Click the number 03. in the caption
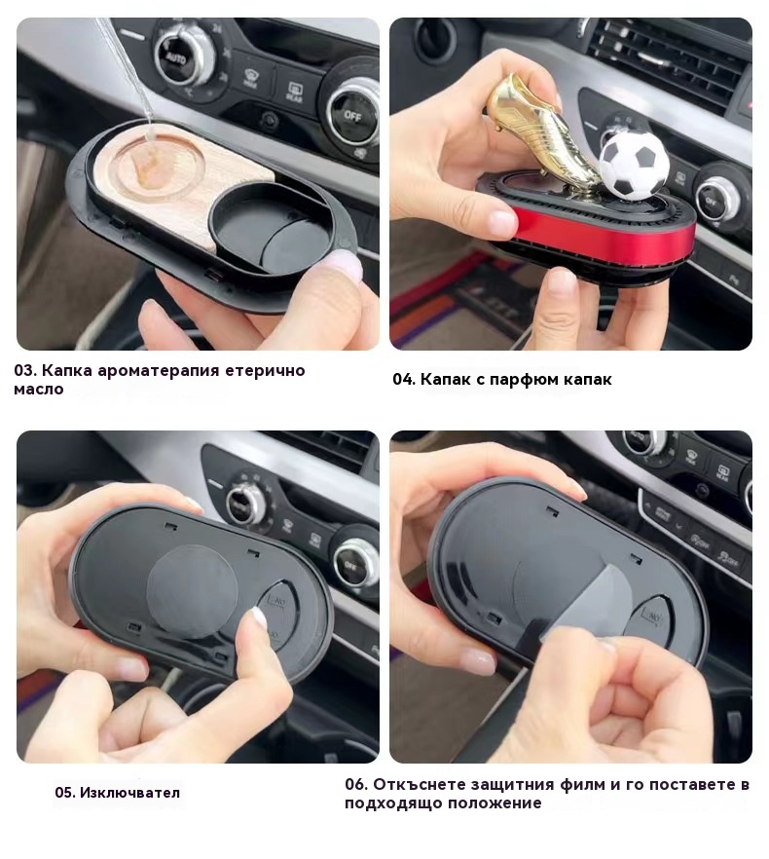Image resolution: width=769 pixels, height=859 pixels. point(25,371)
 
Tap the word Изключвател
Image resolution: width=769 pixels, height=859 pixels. point(129,793)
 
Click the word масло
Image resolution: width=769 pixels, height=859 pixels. point(39,390)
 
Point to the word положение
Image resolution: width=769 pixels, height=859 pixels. point(495,803)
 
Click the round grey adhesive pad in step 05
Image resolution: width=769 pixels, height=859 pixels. point(192,592)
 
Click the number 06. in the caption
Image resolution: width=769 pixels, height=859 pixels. point(356,785)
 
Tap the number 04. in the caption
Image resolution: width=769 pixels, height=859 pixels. point(404,380)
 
